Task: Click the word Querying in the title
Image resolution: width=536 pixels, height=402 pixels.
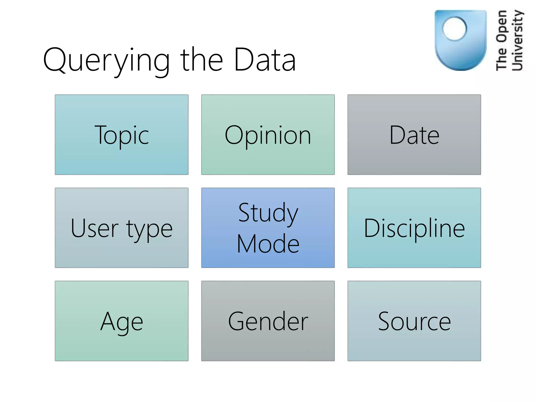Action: pos(106,61)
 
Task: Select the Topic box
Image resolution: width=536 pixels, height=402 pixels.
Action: pos(121,135)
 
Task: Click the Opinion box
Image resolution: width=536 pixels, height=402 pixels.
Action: pos(268,135)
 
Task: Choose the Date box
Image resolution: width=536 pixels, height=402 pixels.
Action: pos(414,135)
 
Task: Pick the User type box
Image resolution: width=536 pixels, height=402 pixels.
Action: pos(121,228)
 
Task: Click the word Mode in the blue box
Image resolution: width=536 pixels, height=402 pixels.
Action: pos(268,244)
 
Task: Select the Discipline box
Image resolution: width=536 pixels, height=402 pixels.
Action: pos(414,228)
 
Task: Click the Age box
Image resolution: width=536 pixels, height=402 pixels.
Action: pos(121,321)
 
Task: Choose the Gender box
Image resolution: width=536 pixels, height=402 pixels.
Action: pos(268,321)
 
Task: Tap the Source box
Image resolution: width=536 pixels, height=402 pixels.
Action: pos(414,321)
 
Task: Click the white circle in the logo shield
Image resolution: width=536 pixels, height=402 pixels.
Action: pos(455,29)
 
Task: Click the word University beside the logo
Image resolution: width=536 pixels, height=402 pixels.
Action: pos(517,41)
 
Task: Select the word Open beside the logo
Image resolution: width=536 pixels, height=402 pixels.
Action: pos(501,26)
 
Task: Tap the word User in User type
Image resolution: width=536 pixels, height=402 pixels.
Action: pos(94,228)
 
